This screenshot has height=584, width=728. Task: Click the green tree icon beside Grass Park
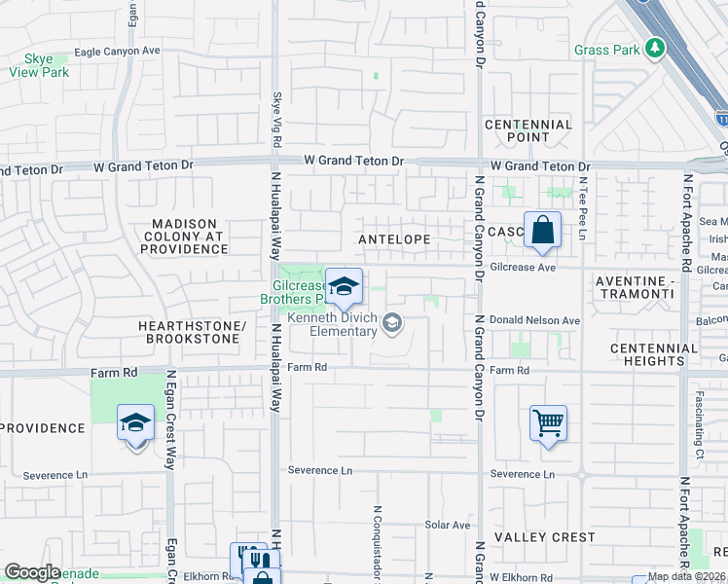pyautogui.click(x=656, y=49)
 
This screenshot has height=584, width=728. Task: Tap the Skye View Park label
pyautogui.click(x=39, y=65)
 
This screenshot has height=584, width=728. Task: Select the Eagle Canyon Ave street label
pyautogui.click(x=116, y=51)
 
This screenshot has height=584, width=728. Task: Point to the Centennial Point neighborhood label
pyautogui.click(x=528, y=130)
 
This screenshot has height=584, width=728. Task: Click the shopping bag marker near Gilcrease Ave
pyautogui.click(x=542, y=232)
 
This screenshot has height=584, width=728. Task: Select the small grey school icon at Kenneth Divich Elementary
pyautogui.click(x=392, y=322)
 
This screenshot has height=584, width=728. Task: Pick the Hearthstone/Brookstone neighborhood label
pyautogui.click(x=193, y=332)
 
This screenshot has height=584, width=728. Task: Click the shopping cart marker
pyautogui.click(x=549, y=423)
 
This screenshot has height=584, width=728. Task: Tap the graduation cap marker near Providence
pyautogui.click(x=136, y=423)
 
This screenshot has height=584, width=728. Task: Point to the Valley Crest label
pyautogui.click(x=544, y=537)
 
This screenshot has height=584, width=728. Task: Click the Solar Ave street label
pyautogui.click(x=448, y=526)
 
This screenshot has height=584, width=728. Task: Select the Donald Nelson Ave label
pyautogui.click(x=533, y=320)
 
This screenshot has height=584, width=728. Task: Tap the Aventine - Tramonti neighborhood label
pyautogui.click(x=646, y=286)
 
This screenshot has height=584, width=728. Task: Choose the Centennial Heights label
pyautogui.click(x=654, y=354)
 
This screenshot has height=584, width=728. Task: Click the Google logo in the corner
pyautogui.click(x=32, y=572)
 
